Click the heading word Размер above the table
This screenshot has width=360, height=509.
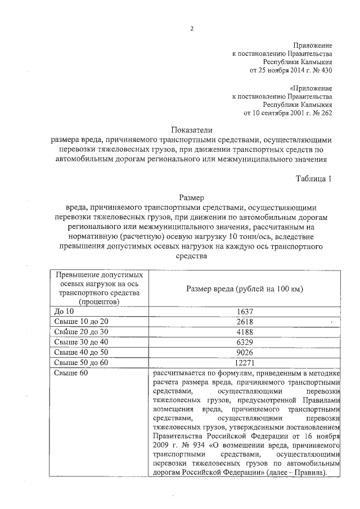tap(191, 197)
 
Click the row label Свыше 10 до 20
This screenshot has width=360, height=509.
tap(80, 322)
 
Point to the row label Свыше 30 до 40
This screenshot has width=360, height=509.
tap(80, 342)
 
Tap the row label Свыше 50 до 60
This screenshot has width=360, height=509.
tap(80, 362)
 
